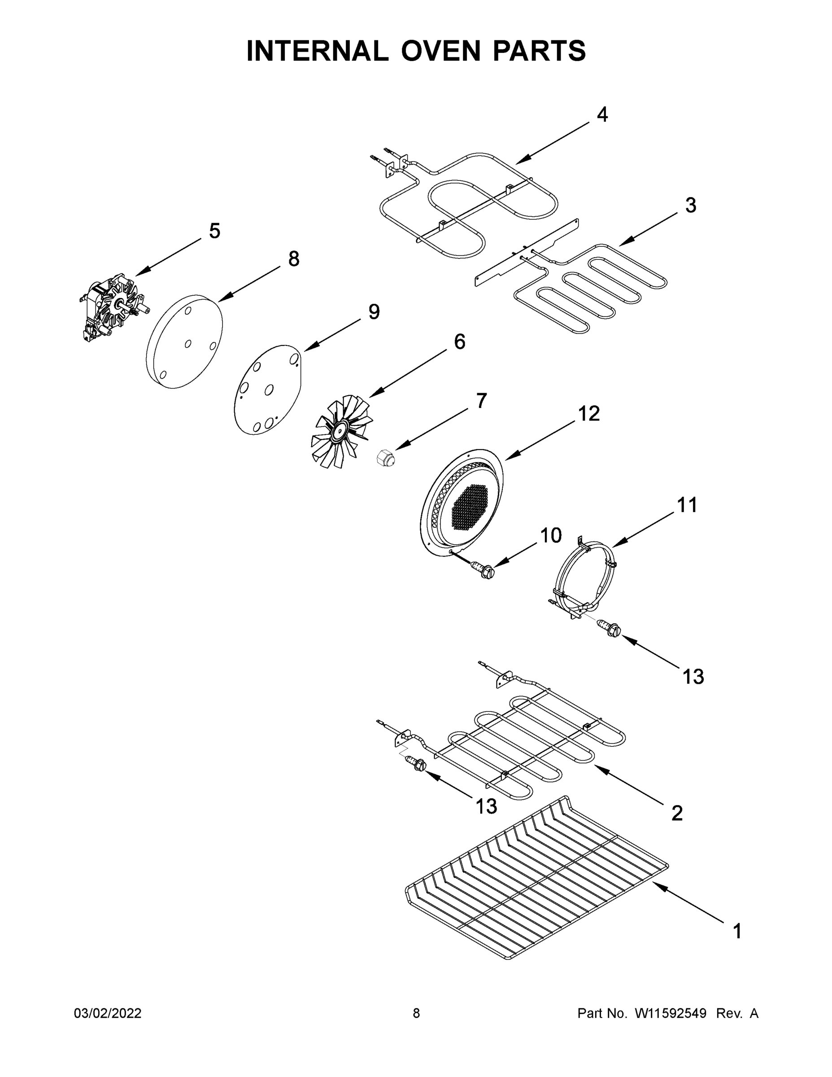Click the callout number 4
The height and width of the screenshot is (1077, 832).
(602, 114)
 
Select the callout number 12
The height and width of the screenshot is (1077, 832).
(588, 413)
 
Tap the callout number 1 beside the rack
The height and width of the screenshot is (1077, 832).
(737, 932)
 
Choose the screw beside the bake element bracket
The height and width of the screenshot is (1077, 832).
(415, 765)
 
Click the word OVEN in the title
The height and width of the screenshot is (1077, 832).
(440, 51)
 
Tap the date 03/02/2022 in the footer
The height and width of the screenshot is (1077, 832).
(108, 1013)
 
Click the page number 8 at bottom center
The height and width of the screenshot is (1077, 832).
(416, 1013)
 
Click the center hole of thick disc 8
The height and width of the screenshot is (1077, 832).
(188, 344)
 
